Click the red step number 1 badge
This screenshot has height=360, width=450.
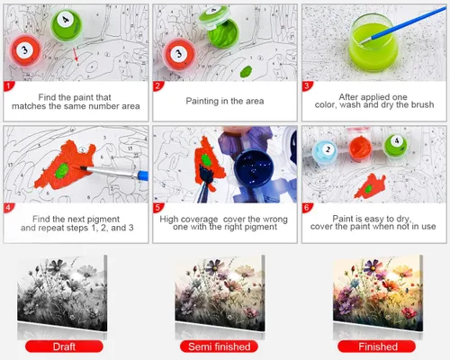coord(8,86)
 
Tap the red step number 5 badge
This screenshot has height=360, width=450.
coord(157,208)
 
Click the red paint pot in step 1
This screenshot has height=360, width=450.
coord(25,50)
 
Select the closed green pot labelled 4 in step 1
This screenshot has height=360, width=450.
coord(66,23)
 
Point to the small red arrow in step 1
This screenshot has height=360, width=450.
coord(76,54)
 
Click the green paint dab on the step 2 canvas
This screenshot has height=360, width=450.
coord(246,71)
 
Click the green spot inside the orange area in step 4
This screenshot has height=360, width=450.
coord(63,170)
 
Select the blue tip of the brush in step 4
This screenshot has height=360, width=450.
coord(143,175)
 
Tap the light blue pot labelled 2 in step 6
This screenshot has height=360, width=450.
coord(326,151)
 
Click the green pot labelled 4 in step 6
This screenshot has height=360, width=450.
coord(396,145)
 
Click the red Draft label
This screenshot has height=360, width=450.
coord(64,346)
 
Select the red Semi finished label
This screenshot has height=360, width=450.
coord(219,346)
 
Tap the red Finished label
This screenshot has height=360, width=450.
coord(377,346)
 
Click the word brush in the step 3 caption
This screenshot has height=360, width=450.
coord(422,104)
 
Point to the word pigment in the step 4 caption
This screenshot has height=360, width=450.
coord(102,220)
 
